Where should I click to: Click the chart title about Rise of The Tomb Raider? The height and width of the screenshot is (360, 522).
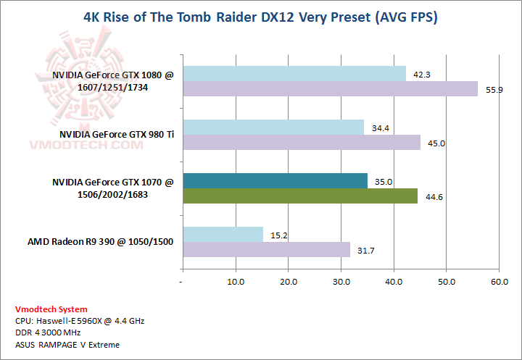261,16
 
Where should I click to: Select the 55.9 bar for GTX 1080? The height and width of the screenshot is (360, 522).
330,88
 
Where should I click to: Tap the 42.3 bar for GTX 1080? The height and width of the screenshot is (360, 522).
294,73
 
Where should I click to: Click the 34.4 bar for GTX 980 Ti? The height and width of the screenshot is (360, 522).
273,127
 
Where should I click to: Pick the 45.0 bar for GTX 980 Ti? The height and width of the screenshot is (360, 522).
302,142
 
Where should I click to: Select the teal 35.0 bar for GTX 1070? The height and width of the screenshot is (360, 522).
275,180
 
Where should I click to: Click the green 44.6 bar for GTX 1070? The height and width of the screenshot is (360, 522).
300,196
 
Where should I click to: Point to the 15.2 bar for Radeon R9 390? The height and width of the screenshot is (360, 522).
223,234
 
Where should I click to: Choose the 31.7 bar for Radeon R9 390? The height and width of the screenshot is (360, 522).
266,249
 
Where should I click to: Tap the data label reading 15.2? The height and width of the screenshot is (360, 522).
276,235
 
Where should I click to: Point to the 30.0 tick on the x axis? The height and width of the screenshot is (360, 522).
341,281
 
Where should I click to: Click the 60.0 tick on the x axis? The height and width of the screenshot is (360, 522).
499,281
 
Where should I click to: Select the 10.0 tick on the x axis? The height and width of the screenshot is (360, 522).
235,281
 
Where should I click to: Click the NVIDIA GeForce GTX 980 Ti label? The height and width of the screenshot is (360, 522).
117,134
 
